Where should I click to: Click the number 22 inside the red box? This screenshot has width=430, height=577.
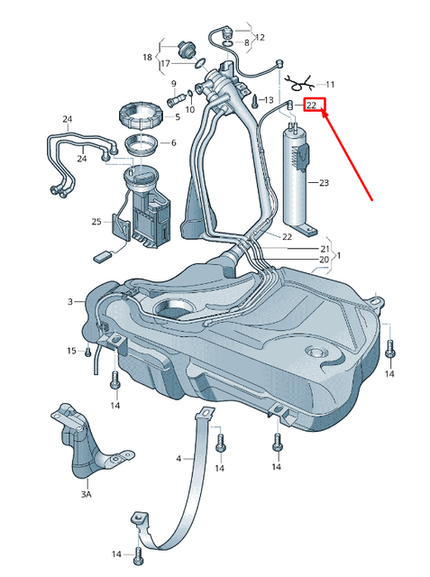tap(313, 105)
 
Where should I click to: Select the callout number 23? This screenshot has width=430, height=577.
tap(324, 182)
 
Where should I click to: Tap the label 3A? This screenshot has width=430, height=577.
tap(86, 495)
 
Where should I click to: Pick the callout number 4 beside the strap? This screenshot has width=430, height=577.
tap(178, 459)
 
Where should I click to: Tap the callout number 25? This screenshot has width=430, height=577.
tap(96, 221)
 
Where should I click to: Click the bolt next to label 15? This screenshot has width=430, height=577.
tap(88, 350)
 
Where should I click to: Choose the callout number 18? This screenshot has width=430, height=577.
tap(148, 57)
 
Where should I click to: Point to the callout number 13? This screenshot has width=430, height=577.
tap(268, 99)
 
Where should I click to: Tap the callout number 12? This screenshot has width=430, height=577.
tap(260, 38)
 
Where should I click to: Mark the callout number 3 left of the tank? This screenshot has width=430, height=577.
tap(69, 301)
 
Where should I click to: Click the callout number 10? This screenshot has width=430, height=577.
tap(190, 110)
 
